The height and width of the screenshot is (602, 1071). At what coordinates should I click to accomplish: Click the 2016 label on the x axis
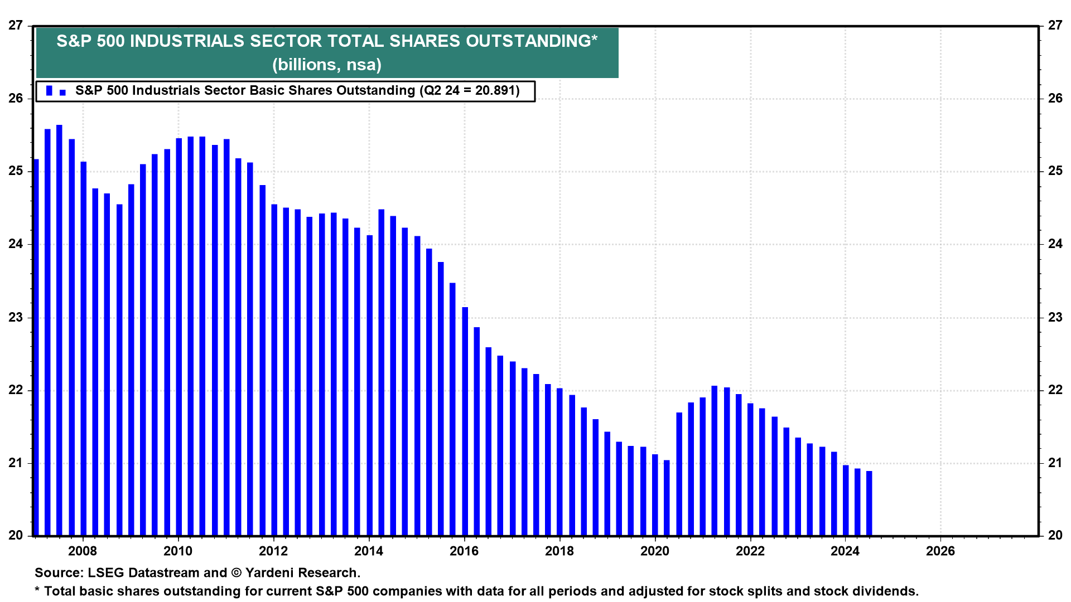click(x=464, y=551)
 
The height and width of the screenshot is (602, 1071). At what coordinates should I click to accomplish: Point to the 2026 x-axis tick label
click(x=940, y=551)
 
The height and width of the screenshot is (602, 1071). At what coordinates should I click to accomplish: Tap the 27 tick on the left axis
click(x=16, y=26)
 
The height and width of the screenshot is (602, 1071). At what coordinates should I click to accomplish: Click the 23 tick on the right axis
click(x=1055, y=318)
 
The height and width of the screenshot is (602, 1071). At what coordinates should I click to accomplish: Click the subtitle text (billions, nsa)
click(x=327, y=65)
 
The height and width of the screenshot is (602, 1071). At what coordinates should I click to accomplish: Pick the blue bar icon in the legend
click(x=49, y=91)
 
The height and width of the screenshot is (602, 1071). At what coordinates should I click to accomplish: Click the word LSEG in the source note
click(x=106, y=573)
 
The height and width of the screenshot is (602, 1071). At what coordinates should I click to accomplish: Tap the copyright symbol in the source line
click(x=236, y=573)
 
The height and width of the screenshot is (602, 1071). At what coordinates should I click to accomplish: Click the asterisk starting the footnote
click(x=37, y=590)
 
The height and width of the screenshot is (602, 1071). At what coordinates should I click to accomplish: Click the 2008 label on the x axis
click(x=83, y=551)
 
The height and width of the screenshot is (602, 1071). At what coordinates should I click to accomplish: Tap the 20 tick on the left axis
click(x=16, y=536)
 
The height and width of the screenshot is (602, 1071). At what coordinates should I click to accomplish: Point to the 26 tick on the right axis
click(x=1055, y=99)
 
